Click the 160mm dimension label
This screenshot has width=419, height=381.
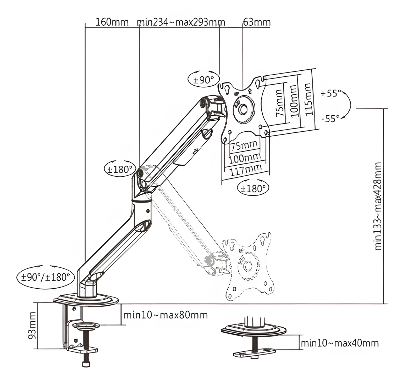[x=112, y=22]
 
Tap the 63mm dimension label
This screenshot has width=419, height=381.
[x=257, y=22]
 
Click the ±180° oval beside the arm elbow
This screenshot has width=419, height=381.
[x=120, y=169]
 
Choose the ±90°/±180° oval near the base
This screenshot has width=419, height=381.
[x=46, y=277]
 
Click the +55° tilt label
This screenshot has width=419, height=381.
[x=331, y=93]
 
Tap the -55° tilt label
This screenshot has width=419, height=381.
[x=330, y=119]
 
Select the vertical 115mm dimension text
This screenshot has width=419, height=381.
[x=308, y=99]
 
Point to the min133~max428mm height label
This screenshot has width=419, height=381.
[x=378, y=206]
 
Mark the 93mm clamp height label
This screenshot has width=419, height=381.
[x=32, y=326]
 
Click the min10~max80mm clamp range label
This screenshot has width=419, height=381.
[x=166, y=315]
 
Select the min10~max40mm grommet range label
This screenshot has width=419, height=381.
[x=340, y=343]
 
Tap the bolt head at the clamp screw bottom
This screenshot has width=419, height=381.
[x=86, y=364]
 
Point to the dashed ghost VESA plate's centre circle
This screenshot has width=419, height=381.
[x=247, y=266]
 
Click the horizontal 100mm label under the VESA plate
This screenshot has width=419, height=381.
[x=245, y=158]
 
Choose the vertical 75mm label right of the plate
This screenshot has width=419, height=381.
[x=280, y=103]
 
